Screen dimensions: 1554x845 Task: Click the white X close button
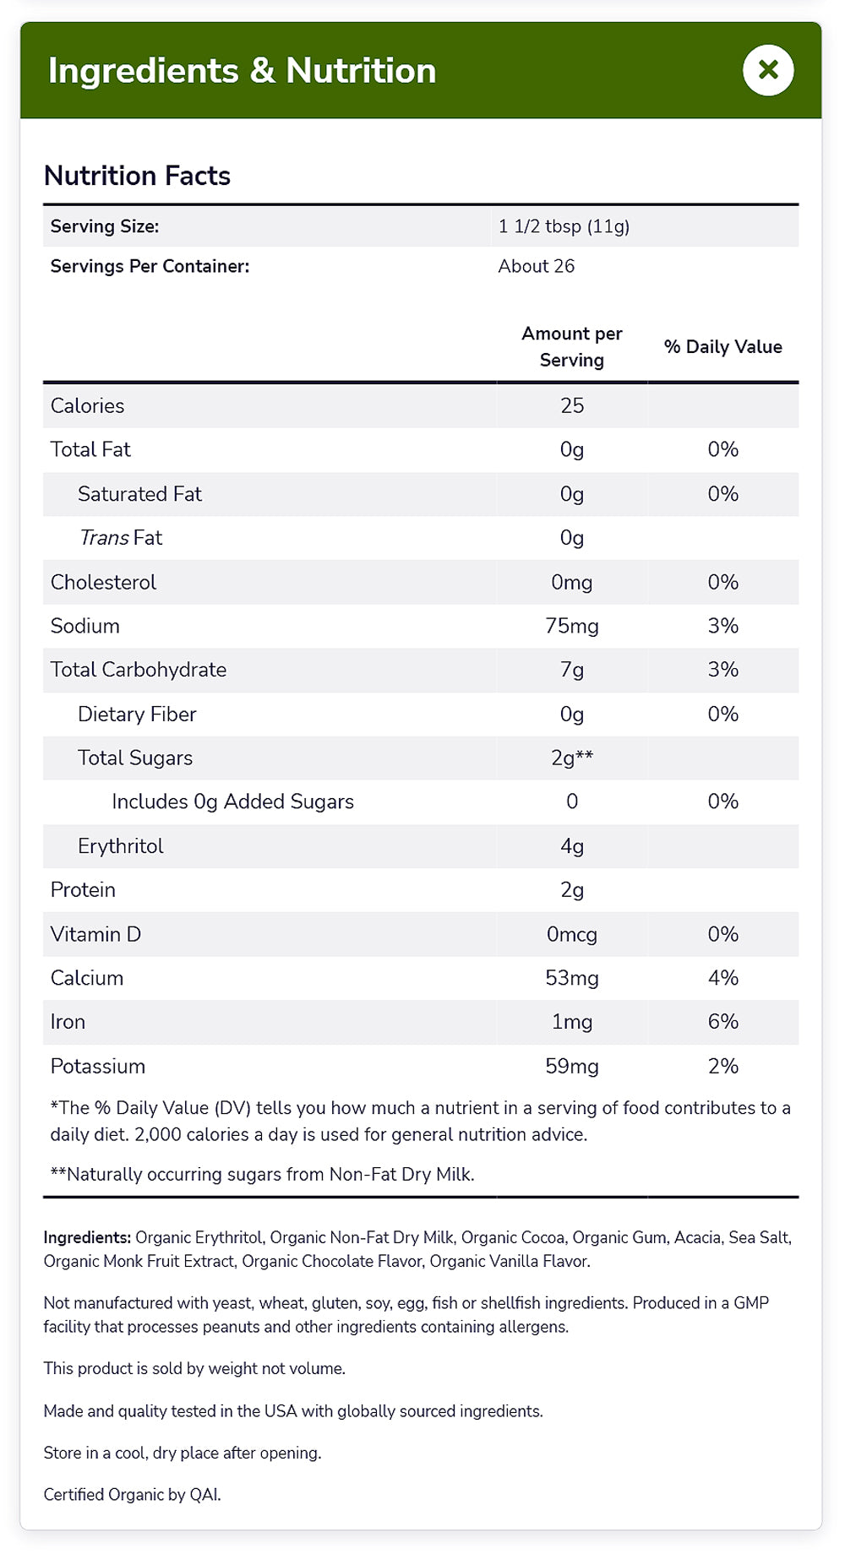tap(768, 70)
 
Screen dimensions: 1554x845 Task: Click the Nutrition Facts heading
tap(137, 176)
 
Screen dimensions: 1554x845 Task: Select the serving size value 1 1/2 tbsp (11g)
tap(564, 226)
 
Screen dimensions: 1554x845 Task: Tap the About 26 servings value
tap(536, 266)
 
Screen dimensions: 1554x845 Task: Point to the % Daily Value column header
tap(722, 347)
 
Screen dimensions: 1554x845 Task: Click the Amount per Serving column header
tap(572, 347)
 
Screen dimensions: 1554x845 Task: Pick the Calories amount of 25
tap(572, 406)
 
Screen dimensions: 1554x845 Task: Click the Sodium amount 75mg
tap(572, 626)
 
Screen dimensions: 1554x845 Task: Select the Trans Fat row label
tap(121, 538)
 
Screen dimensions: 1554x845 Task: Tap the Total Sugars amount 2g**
tap(572, 758)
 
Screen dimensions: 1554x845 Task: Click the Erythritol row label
tap(121, 846)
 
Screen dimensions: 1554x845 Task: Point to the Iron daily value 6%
tap(723, 1022)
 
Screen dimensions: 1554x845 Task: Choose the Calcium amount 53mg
tap(572, 978)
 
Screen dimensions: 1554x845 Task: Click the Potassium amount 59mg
tap(572, 1066)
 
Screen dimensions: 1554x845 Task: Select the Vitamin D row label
tap(95, 934)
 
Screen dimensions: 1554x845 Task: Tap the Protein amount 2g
tap(572, 890)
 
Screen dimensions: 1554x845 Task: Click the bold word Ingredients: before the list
tap(87, 1237)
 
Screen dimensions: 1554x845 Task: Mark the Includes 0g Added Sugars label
tap(232, 801)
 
